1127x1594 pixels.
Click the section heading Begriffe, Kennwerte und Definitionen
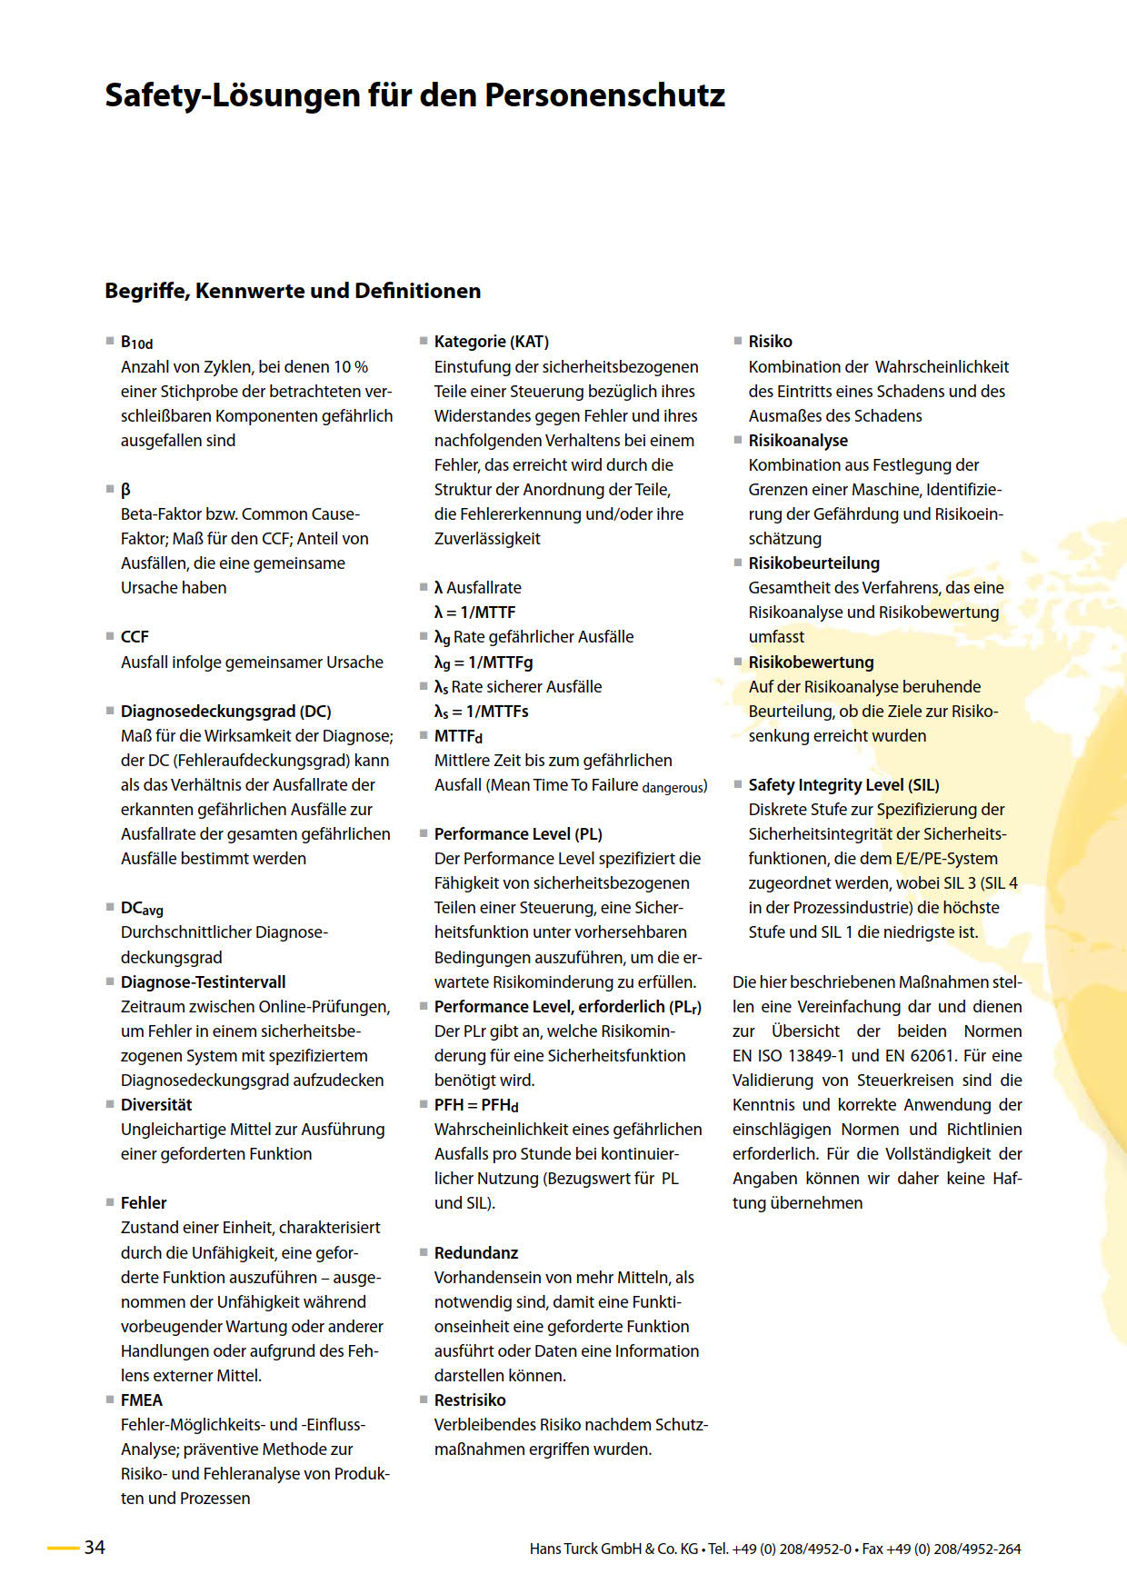293,291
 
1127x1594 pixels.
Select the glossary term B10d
136,343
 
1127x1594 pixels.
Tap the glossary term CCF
135,637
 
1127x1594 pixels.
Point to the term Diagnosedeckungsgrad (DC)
225,712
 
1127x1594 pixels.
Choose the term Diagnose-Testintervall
203,982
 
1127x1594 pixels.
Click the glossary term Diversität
156,1105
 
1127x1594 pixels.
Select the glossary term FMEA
142,1400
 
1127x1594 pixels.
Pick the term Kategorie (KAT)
492,342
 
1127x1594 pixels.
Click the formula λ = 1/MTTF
474,613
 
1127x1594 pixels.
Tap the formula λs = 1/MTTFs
481,712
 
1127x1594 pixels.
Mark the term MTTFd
458,736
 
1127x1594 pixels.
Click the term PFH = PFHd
476,1105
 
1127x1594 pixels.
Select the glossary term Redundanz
476,1253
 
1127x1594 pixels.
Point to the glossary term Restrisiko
470,1400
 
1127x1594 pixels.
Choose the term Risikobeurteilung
813,563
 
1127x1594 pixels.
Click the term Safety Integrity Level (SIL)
843,785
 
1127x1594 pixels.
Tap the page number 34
95,1548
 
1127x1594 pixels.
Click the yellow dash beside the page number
63,1548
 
